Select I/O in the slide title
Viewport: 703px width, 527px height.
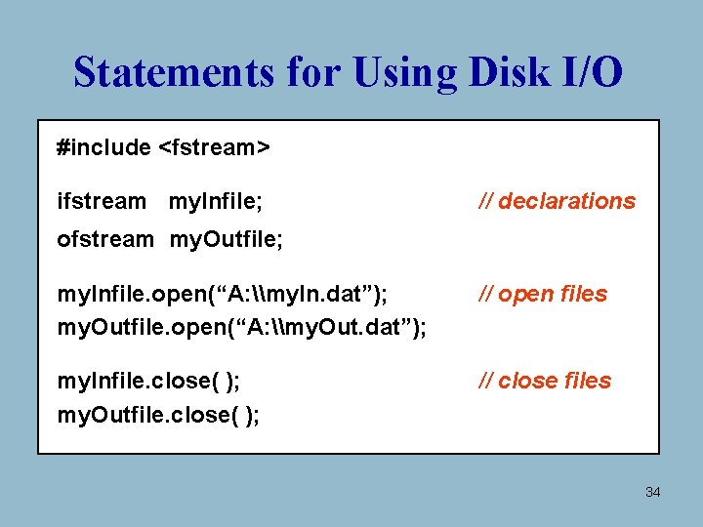[590, 72]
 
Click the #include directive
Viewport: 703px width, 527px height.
[103, 147]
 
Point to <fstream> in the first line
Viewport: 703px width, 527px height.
[214, 147]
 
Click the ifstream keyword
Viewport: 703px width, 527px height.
[102, 202]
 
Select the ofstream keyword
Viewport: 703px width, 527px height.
[105, 239]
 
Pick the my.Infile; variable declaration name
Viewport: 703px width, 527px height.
[215, 202]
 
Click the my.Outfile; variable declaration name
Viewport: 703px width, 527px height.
[227, 239]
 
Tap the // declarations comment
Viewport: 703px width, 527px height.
[557, 202]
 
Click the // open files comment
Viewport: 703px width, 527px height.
[542, 294]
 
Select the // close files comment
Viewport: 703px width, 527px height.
[544, 381]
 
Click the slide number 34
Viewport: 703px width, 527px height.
[652, 492]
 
